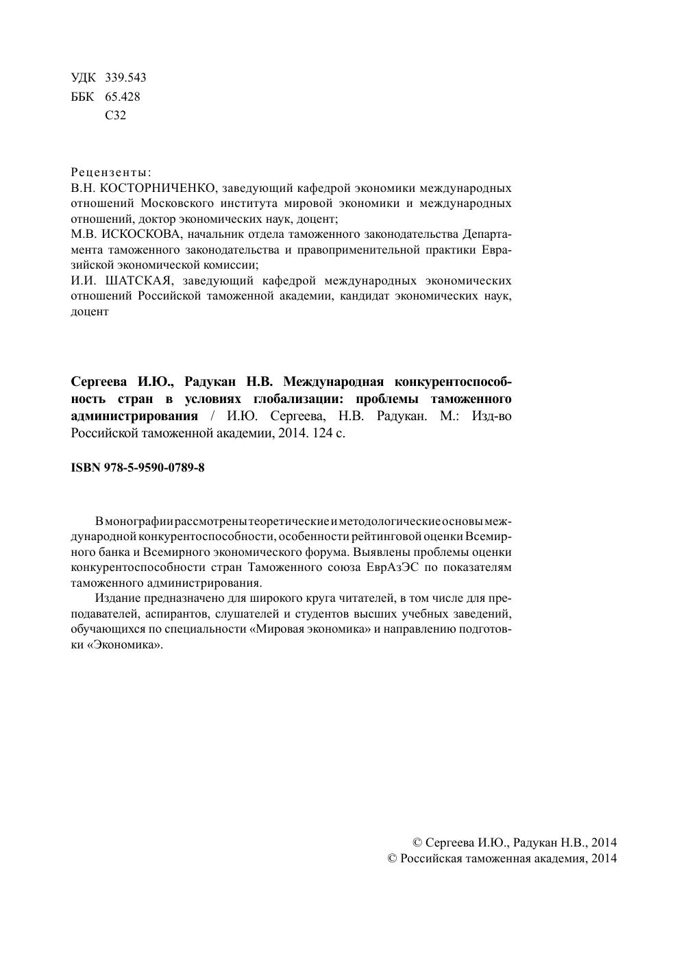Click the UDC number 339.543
click(125, 77)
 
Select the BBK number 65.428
click(123, 97)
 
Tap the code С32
click(116, 116)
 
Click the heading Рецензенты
click(111, 172)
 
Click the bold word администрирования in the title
click(134, 416)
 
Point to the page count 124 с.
click(328, 433)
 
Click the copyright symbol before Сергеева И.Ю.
click(417, 842)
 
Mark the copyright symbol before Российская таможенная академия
click(393, 859)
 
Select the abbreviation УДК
click(84, 77)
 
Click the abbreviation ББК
click(83, 97)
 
